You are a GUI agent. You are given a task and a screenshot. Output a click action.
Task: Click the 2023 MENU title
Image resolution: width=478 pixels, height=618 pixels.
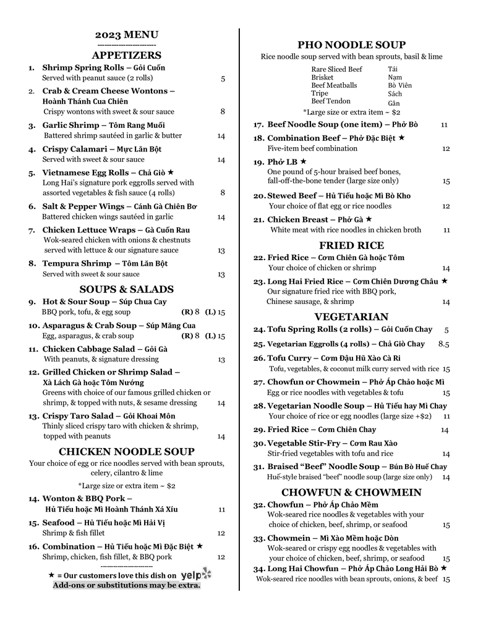tap(127, 35)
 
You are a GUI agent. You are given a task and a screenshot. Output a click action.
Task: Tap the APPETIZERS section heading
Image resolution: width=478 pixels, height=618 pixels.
tap(127, 55)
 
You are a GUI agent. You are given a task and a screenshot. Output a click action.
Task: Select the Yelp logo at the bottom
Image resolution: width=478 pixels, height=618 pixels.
tap(195, 575)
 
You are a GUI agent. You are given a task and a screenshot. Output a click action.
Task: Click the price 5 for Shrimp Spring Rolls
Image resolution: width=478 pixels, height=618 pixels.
tap(223, 78)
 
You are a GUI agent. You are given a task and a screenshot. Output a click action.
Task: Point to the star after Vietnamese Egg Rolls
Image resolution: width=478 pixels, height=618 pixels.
tap(171, 172)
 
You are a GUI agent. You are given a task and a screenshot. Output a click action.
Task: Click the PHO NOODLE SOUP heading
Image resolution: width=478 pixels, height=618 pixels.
tap(351, 44)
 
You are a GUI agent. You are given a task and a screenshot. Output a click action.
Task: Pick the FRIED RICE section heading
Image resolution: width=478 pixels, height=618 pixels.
tap(351, 245)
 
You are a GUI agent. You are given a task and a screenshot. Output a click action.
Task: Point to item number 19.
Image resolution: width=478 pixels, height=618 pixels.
tap(258, 162)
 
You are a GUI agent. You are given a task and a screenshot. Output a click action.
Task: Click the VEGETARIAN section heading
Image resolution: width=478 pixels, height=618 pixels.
tap(351, 317)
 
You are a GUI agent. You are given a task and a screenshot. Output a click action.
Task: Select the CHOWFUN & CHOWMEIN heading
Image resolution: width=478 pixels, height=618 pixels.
tap(351, 493)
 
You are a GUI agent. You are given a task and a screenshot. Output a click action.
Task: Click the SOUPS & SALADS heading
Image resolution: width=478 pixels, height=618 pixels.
tap(127, 289)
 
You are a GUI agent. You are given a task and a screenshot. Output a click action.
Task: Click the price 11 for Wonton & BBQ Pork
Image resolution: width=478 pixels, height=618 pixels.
tap(221, 510)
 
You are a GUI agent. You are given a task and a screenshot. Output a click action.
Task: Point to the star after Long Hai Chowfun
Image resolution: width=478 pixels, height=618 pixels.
tap(443, 567)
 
